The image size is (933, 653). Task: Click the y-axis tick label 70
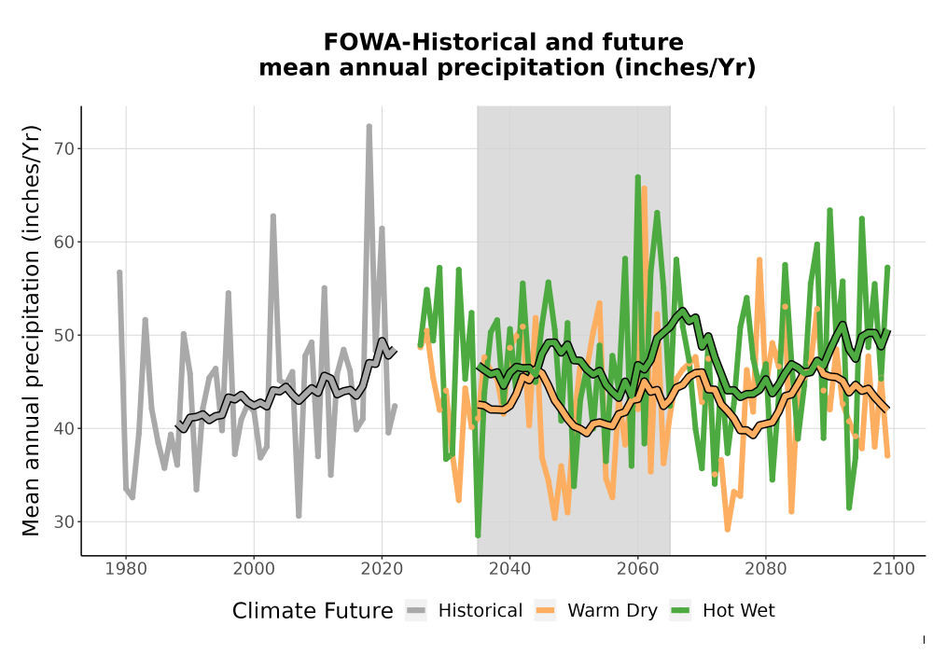65,148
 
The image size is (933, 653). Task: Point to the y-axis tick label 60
65,242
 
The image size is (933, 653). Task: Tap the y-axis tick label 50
65,336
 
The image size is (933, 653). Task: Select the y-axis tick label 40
65,429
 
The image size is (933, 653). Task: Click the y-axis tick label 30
65,522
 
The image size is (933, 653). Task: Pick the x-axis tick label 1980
126,569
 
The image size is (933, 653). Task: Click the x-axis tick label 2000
254,569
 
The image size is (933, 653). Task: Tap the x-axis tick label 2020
382,569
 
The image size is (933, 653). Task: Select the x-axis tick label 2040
510,569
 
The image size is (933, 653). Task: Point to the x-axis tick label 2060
638,569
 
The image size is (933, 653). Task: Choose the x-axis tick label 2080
766,569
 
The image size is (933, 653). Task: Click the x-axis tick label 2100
894,569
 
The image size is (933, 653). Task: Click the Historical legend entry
464,611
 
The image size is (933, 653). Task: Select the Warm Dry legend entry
595,611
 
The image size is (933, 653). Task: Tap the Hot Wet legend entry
723,611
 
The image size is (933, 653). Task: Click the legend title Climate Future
313,611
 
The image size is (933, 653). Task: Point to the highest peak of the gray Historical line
369,127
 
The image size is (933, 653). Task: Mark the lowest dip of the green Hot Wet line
478,535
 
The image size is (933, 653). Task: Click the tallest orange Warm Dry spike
644,188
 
